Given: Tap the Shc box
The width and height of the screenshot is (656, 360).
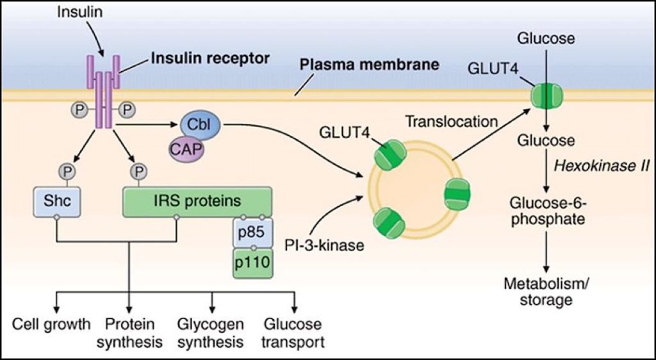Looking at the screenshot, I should point(56,200).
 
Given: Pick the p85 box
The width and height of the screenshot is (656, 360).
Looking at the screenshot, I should point(252,231).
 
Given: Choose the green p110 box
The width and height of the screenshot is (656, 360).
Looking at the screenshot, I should point(252,263).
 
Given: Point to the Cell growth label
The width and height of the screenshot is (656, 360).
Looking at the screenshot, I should point(51,323).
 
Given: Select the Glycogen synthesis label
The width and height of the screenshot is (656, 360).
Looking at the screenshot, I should point(212,333).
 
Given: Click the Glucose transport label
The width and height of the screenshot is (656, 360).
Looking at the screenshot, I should point(292,333).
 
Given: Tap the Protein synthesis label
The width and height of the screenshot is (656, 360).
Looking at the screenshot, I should point(130,333).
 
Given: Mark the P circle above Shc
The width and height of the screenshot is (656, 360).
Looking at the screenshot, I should point(66,170).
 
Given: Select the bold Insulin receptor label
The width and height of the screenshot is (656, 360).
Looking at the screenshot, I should point(210,58).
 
